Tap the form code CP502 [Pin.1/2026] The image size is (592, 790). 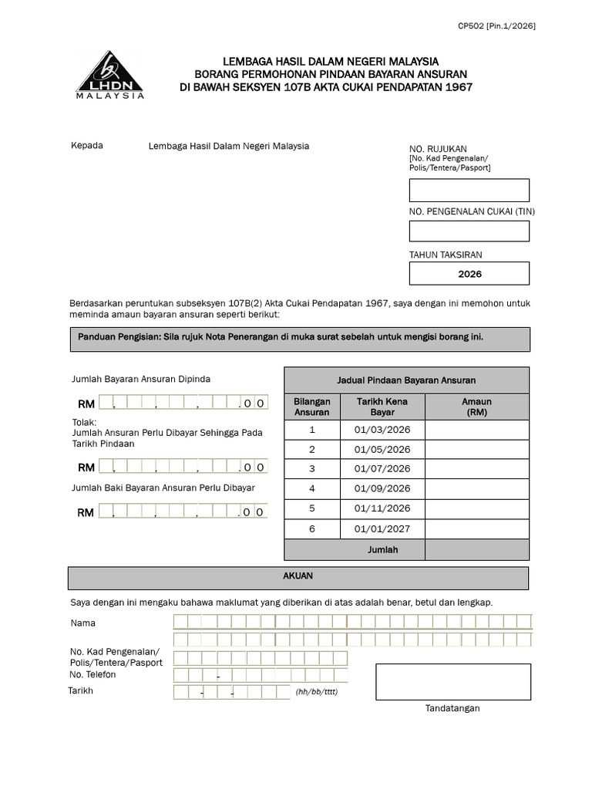pos(496,25)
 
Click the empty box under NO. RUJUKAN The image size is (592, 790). pos(469,191)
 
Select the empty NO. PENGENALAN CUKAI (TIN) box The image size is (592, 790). pos(469,231)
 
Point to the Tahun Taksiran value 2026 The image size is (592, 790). pos(469,274)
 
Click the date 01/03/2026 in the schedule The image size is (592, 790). pos(382,430)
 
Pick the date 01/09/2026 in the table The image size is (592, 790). pos(382,488)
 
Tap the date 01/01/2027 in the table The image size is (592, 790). pos(382,528)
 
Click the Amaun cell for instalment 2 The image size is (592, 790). pos(477,450)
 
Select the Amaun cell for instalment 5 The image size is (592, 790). pos(477,508)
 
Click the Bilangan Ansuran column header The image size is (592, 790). pos(312,407)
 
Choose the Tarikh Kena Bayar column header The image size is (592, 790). pos(382,407)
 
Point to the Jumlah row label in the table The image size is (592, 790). pos(382,550)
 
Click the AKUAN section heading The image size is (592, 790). pos(298,576)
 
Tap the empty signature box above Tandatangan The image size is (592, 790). pos(453,682)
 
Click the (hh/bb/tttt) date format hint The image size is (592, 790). pos(316,692)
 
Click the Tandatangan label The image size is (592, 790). pos(452,708)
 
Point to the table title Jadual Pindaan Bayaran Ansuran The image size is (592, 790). pos(406,380)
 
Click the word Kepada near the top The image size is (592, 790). pos(87,146)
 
